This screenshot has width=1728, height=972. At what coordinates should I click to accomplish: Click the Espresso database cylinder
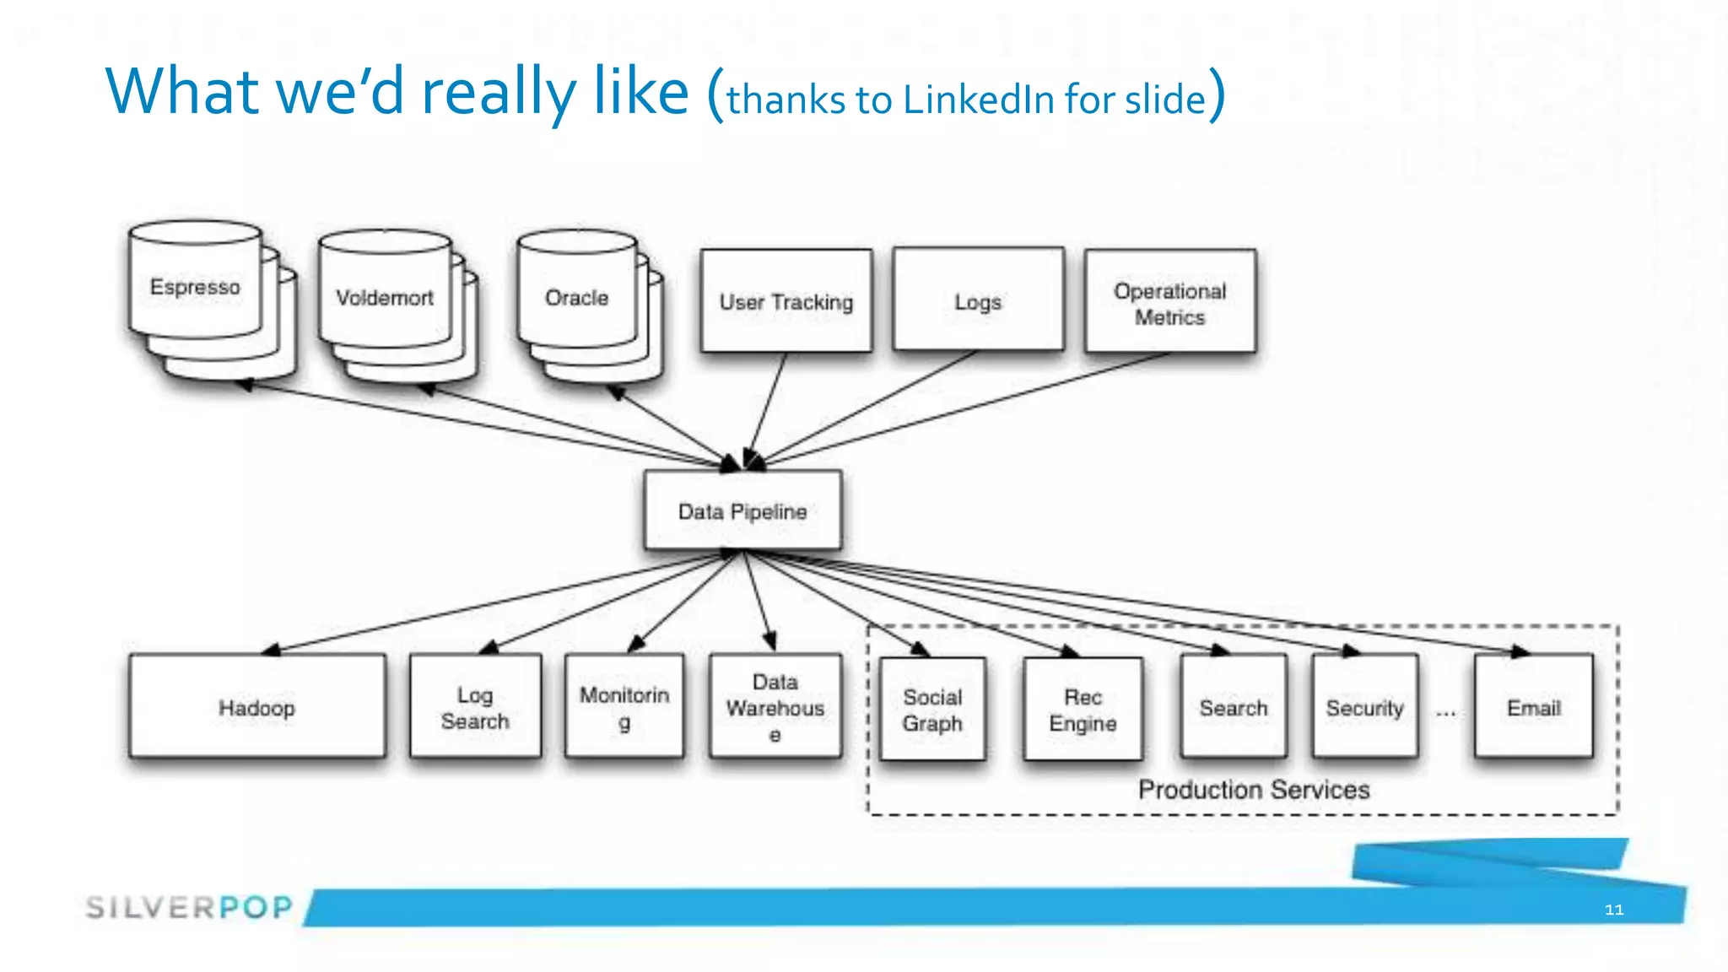pyautogui.click(x=196, y=287)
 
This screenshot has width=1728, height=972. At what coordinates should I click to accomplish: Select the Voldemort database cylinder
pyautogui.click(x=385, y=297)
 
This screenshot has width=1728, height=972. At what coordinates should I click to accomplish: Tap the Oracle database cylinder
pyautogui.click(x=577, y=297)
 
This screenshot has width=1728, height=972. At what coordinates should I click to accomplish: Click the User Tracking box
pyautogui.click(x=786, y=301)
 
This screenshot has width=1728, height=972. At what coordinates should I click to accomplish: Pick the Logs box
pyautogui.click(x=978, y=300)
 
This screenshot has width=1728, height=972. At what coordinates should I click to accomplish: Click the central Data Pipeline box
pyautogui.click(x=742, y=511)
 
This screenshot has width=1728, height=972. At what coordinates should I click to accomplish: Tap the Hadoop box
pyautogui.click(x=257, y=707)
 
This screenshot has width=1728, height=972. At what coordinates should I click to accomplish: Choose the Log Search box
pyautogui.click(x=475, y=707)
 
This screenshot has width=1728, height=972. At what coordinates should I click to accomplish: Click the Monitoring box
pyautogui.click(x=624, y=707)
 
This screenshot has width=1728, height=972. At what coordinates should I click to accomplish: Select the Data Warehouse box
pyautogui.click(x=775, y=707)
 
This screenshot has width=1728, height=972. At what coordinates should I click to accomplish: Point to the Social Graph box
pyautogui.click(x=932, y=710)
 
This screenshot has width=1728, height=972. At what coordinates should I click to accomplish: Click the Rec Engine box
pyautogui.click(x=1083, y=710)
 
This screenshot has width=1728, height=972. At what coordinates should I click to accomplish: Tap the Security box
pyautogui.click(x=1364, y=707)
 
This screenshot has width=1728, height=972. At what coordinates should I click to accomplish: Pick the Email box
pyautogui.click(x=1533, y=707)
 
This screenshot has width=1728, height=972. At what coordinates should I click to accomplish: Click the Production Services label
pyautogui.click(x=1253, y=790)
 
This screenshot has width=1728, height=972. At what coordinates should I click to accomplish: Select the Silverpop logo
pyautogui.click(x=189, y=907)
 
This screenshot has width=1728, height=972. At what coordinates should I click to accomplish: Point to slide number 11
pyautogui.click(x=1613, y=910)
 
